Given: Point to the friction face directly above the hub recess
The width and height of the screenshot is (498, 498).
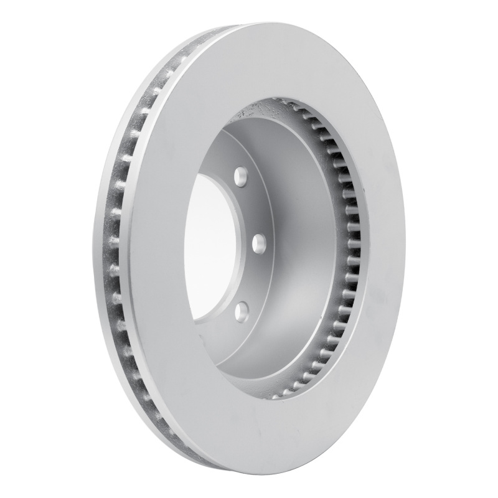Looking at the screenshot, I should [x=280, y=62].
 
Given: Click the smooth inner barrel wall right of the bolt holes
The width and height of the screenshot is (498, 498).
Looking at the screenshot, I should [x=305, y=249].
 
